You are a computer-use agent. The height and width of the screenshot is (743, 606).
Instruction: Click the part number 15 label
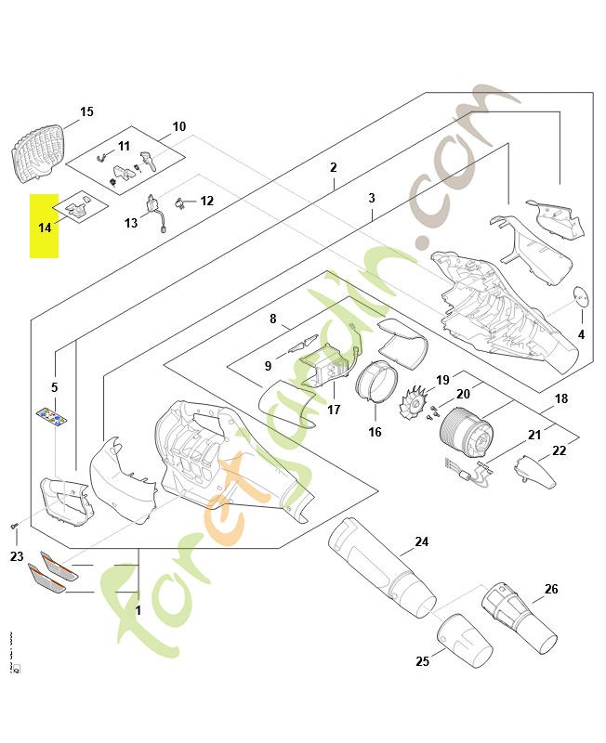tap(86, 112)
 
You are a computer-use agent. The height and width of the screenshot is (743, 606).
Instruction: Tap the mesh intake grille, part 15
tap(40, 148)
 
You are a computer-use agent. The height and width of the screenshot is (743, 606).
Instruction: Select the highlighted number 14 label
tap(45, 228)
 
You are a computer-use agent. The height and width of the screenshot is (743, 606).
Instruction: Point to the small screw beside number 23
tap(15, 527)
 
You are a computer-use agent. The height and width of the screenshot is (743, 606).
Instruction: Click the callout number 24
tap(422, 541)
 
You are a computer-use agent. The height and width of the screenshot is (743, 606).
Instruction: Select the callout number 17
tap(335, 410)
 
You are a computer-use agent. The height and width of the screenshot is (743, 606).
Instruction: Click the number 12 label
tap(206, 201)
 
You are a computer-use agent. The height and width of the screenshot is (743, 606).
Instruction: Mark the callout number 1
tap(138, 612)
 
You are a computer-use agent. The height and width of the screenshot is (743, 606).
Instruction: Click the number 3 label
tap(372, 199)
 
